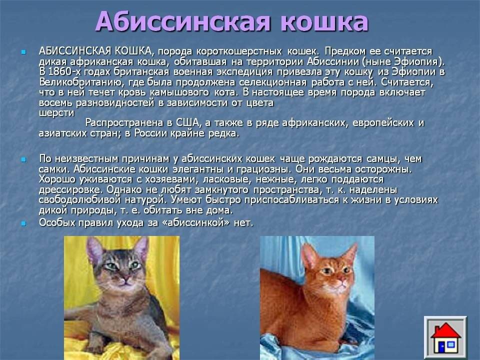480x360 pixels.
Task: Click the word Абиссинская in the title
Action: [183, 21]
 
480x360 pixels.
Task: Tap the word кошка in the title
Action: [324, 22]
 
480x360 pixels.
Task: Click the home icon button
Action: [445, 337]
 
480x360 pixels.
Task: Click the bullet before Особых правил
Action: [23, 223]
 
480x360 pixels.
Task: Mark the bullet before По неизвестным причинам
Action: [23, 159]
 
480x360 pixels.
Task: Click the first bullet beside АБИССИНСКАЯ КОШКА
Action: [23, 52]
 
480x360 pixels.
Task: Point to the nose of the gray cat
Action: [125, 279]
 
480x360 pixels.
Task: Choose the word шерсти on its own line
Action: [56, 113]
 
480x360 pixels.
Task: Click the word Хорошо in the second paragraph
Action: [57, 179]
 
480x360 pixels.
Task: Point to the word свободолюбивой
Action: [79, 200]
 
